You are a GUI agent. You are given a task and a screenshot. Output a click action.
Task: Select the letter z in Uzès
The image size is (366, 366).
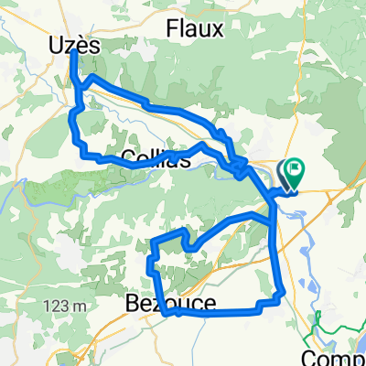(70, 45)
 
